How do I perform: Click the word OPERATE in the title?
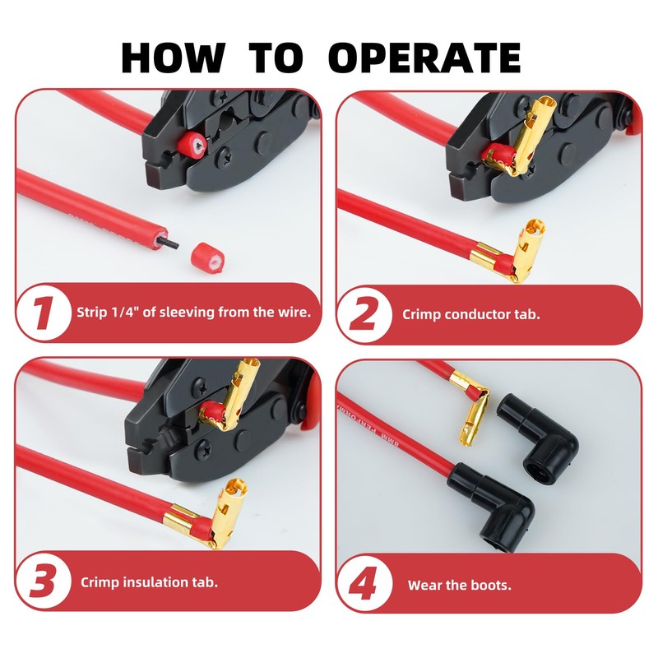[424, 58]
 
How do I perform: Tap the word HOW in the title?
[173, 58]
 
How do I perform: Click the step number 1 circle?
[44, 313]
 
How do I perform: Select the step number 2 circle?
[364, 315]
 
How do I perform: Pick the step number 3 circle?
[44, 582]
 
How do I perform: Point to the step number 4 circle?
[364, 584]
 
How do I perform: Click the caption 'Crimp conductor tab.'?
[470, 314]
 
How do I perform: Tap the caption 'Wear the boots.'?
[460, 585]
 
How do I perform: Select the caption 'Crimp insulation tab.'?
[149, 582]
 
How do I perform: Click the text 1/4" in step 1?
[125, 312]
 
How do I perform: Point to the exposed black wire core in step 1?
[168, 243]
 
